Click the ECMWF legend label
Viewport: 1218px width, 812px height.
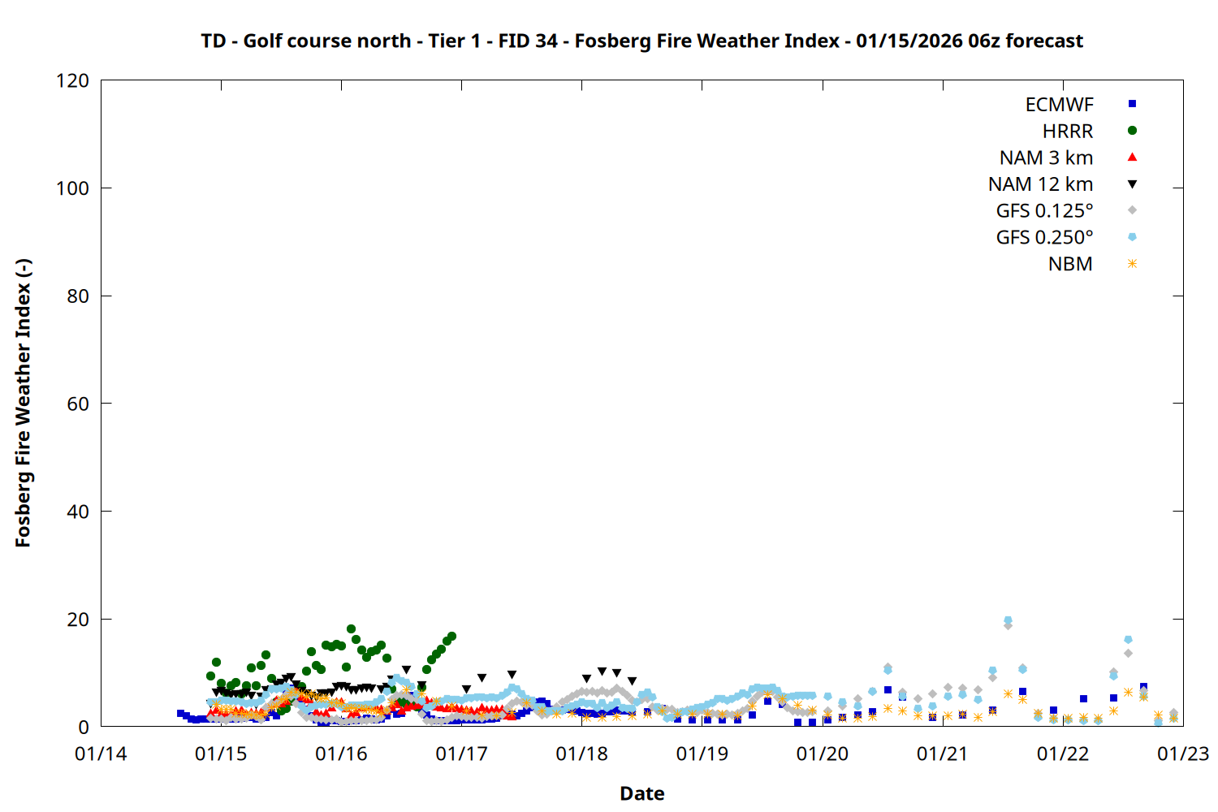coord(1059,105)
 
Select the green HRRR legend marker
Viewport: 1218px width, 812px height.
coord(1132,131)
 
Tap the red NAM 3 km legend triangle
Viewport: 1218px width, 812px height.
coord(1132,158)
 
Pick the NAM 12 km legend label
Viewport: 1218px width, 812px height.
coord(1040,184)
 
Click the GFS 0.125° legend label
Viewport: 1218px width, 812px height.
coord(1044,211)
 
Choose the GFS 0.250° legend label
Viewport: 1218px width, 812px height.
coord(1044,238)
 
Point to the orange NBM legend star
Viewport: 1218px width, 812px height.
coord(1132,264)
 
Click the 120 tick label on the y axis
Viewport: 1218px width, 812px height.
coord(72,81)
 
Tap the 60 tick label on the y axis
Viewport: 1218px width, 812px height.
coord(78,404)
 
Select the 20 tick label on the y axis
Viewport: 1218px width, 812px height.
coord(78,620)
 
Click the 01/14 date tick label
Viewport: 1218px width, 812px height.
coord(101,754)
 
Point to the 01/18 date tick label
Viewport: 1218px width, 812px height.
coord(581,754)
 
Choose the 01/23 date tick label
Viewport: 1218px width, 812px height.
coord(1182,754)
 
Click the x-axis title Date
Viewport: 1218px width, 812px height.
coord(641,793)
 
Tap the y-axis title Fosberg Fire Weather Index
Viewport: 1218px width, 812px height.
coord(23,404)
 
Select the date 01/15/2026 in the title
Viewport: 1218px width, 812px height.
coord(909,41)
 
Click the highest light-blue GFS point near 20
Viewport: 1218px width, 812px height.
coord(1008,620)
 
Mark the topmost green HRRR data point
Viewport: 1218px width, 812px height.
coord(351,629)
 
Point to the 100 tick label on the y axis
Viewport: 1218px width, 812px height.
coord(72,188)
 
